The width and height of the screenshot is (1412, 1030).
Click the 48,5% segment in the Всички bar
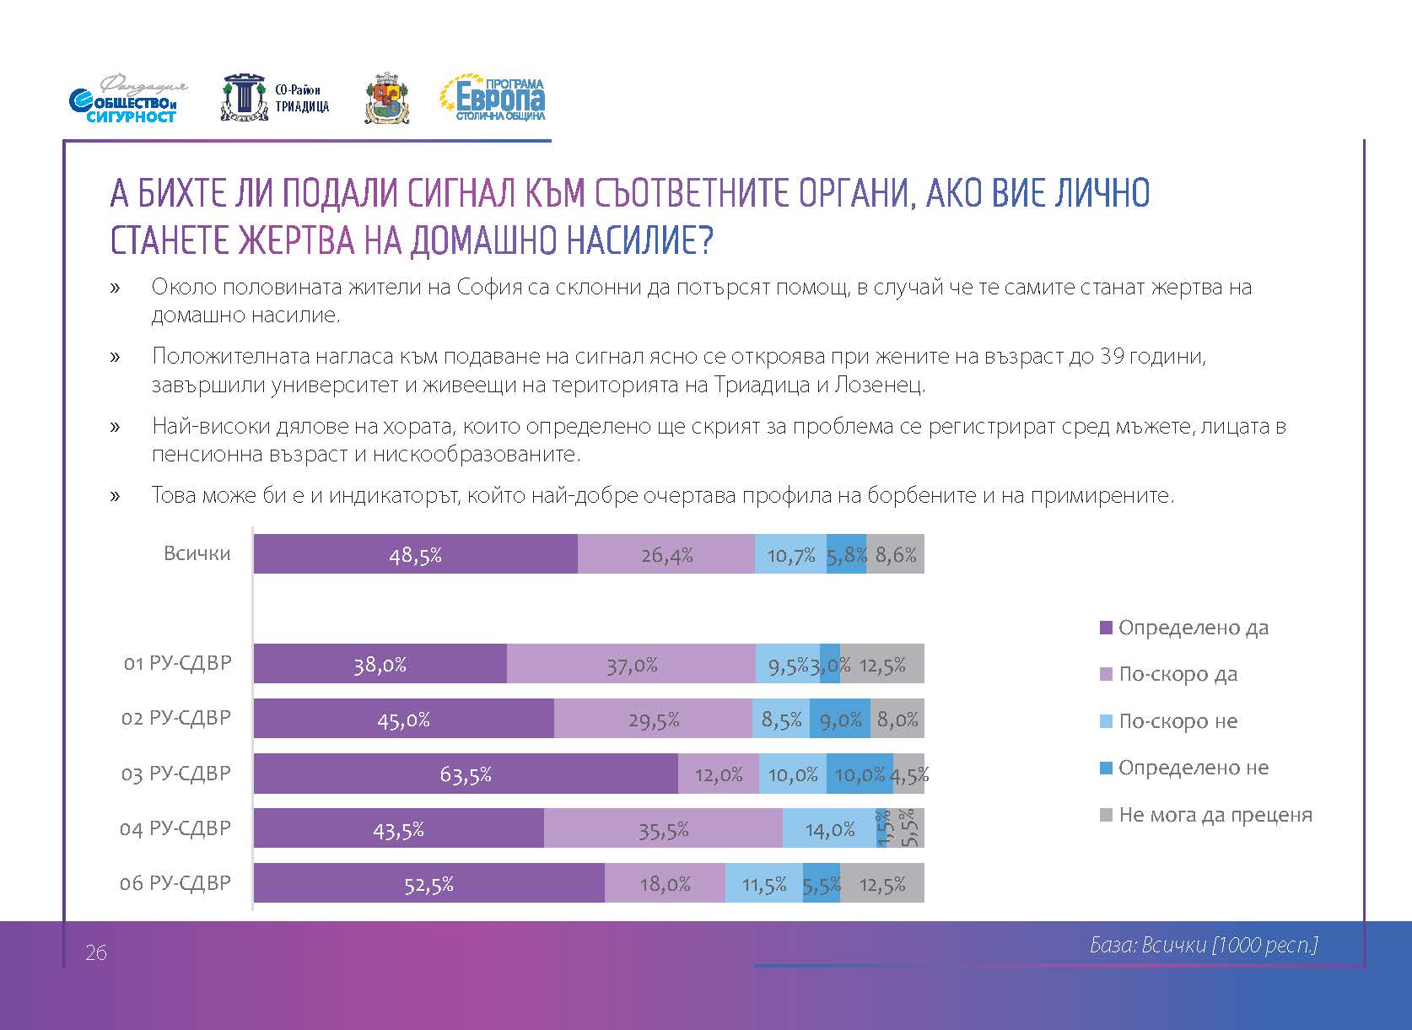(415, 554)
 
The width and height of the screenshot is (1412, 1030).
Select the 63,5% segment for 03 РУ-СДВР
(466, 774)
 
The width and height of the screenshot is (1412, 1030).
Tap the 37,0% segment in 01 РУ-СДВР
(631, 664)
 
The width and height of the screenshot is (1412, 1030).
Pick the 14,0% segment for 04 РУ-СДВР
(830, 828)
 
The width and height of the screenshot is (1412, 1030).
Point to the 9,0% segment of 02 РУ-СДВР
(840, 719)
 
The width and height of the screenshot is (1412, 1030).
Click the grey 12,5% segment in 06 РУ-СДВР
(882, 883)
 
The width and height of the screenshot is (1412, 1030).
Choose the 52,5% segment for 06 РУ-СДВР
(428, 883)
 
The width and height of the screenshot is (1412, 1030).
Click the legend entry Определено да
(1193, 628)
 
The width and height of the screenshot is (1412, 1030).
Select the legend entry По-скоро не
(1178, 721)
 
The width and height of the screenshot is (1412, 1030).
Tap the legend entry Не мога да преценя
(1215, 815)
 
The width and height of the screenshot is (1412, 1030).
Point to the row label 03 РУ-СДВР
(175, 774)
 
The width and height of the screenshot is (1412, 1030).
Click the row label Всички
(197, 553)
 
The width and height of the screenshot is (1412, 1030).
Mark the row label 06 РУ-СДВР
(175, 883)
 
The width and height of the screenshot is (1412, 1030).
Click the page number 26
(96, 953)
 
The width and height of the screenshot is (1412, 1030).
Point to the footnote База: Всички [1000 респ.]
(1204, 945)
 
